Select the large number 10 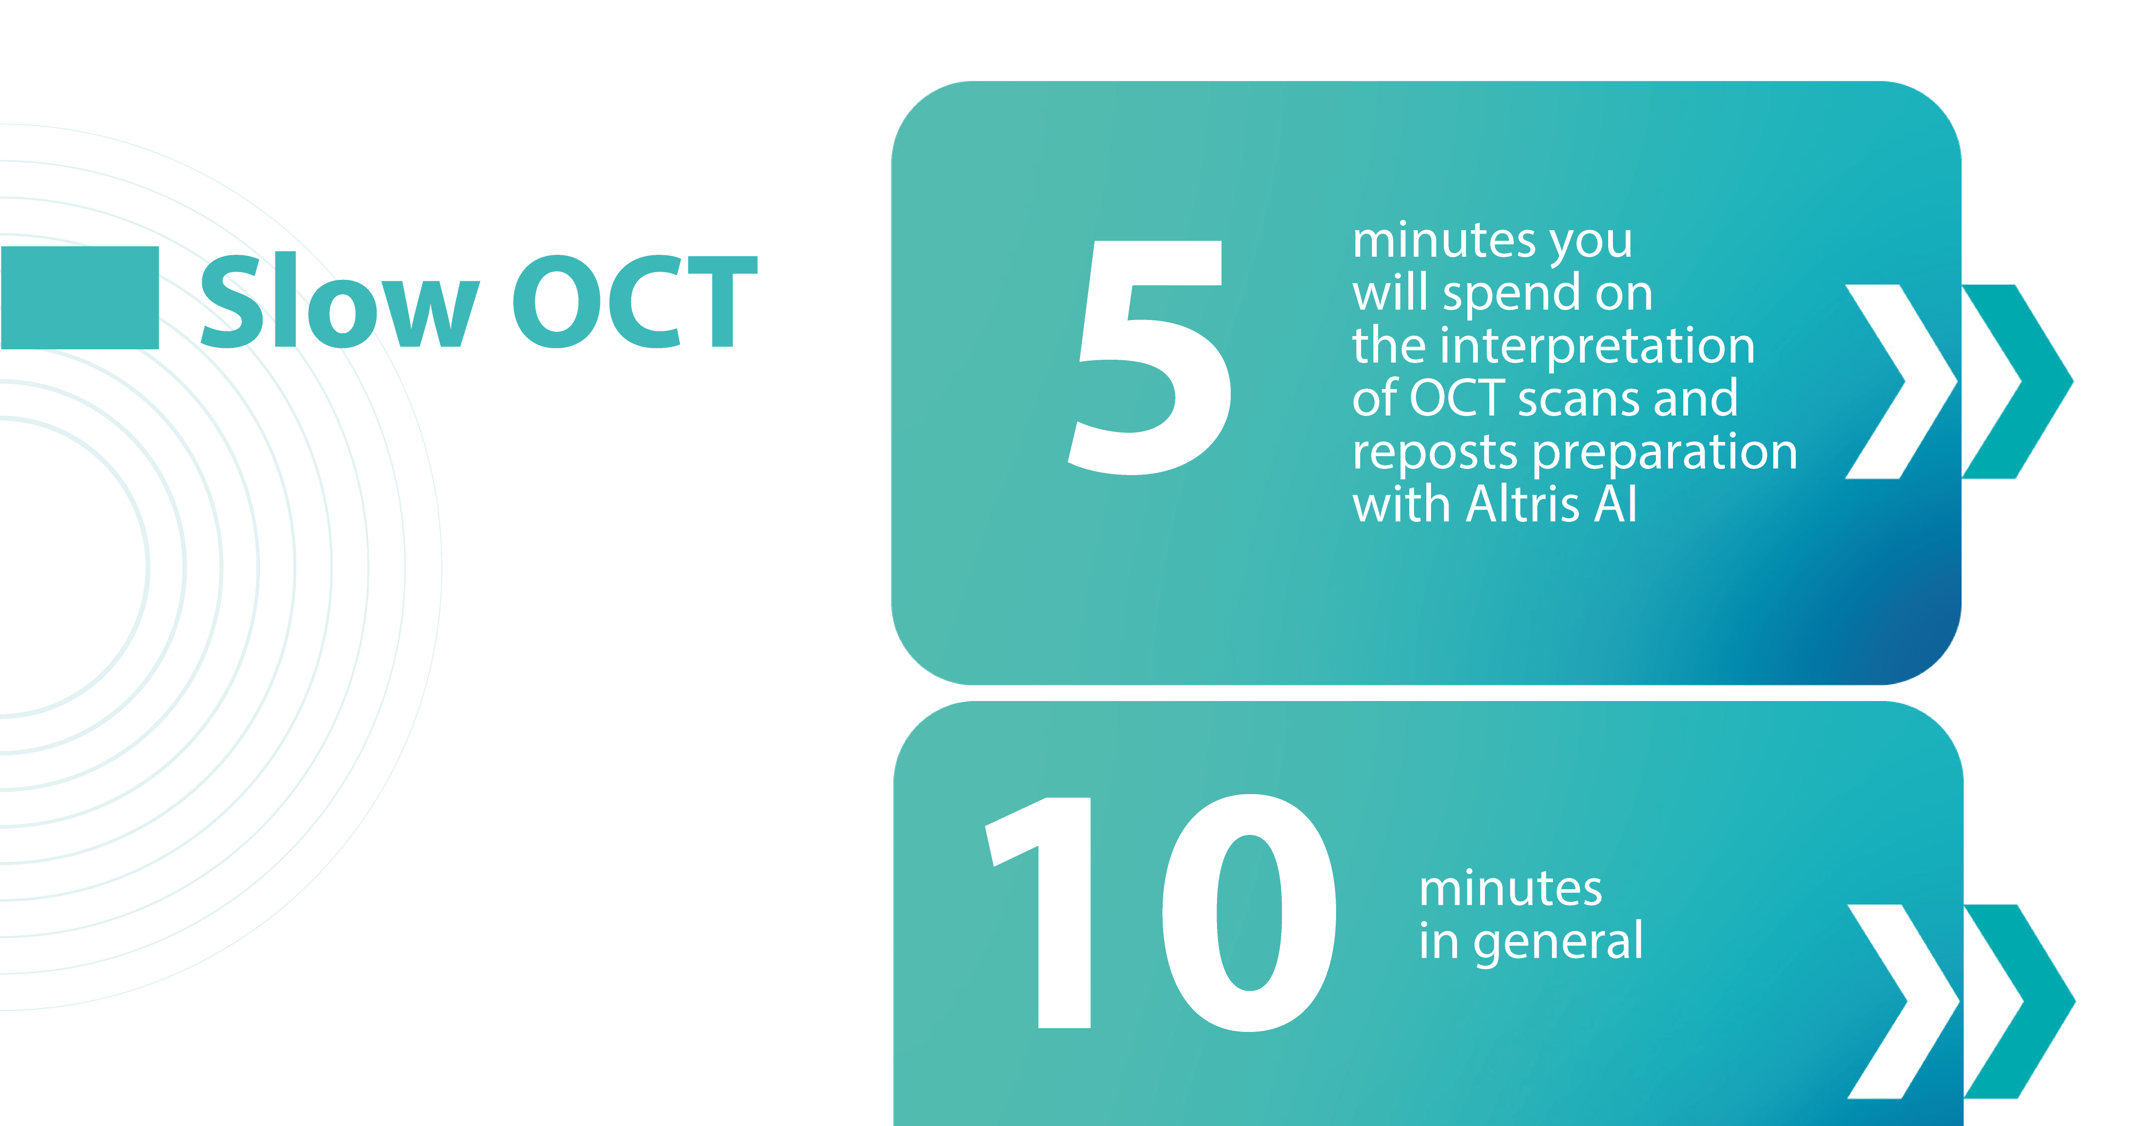coord(1160,913)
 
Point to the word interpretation coord(1597,346)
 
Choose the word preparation coord(1665,453)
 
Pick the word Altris coord(1522,504)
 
